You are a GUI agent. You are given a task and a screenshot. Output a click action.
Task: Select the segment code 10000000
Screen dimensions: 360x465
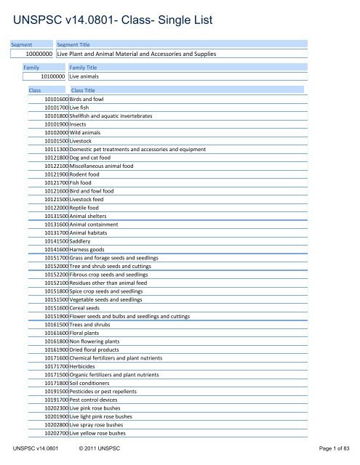pos(39,54)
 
